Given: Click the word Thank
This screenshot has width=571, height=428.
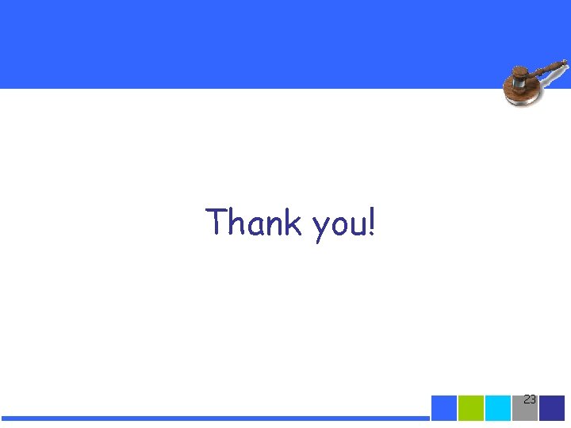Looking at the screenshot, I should coord(253,223).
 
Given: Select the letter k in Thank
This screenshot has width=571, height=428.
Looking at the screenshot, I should coord(293,223).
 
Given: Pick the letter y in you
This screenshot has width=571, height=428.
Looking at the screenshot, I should coord(320,228).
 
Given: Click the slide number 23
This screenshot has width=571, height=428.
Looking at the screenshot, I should coord(530,399).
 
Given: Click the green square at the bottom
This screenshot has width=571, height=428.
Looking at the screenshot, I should coord(471,407).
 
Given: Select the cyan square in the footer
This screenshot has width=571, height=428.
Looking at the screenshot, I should coord(498,407).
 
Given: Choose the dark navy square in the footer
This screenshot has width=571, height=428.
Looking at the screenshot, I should coord(552,407).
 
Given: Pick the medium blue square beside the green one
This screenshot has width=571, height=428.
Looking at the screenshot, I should coord(444,407).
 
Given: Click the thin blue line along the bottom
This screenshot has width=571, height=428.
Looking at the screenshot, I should coord(214,418).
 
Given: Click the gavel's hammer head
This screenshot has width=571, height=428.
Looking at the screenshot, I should coord(520,78).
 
